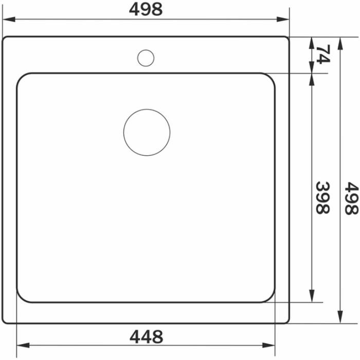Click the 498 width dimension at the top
[x=146, y=9]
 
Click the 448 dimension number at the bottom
[x=146, y=336]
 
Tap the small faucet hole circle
[x=146, y=57]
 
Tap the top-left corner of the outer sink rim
[x=5, y=39]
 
